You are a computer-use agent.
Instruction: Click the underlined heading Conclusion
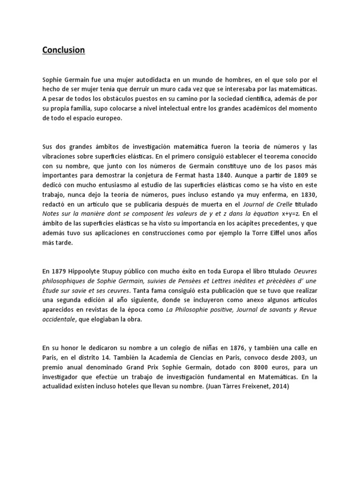coord(64,50)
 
